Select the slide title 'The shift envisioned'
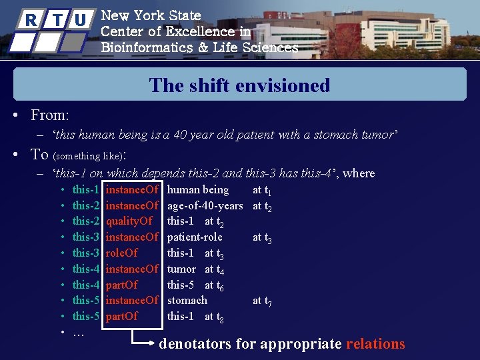pos(239,85)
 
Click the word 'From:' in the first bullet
pos(50,115)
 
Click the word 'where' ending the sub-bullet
pos(359,173)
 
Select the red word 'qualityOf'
pos(129,221)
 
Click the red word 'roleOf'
pos(122,253)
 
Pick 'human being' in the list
pos(197,190)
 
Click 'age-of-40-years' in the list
pos(205,206)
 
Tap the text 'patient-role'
pos(195,237)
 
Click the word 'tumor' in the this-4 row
pos(181,269)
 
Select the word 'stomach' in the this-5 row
pos(187,301)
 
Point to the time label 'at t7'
pos(262,301)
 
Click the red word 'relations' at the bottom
pos(375,344)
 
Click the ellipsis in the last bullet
pos(78,332)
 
